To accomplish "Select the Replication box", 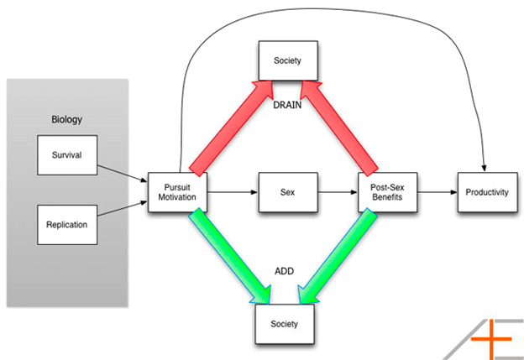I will [67, 225].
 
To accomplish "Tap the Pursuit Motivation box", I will [177, 192].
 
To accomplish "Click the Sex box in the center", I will [286, 192].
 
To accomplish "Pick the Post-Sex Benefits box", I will [387, 192].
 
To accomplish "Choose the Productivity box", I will [486, 192].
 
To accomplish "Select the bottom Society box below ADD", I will [286, 322].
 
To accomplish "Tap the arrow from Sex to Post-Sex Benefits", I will [336, 192].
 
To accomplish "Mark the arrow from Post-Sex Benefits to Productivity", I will [437, 192].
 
